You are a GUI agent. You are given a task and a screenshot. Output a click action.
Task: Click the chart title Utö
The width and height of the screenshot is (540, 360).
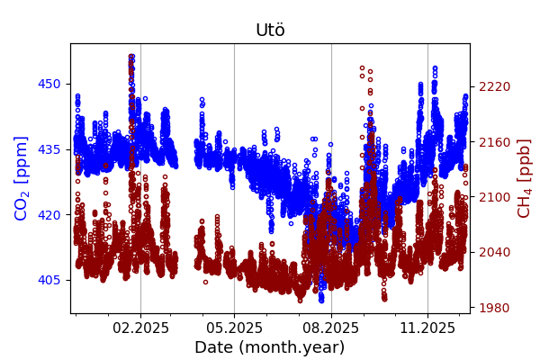click(x=270, y=31)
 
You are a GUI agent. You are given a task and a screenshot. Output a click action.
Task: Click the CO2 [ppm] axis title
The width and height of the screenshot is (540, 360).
click(x=22, y=178)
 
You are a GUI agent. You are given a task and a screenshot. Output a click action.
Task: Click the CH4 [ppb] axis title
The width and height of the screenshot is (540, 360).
click(x=525, y=178)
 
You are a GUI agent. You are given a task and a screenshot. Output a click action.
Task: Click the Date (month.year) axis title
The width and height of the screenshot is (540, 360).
click(x=270, y=347)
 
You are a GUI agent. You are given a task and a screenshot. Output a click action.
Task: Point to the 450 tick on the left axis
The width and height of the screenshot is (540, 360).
click(x=49, y=85)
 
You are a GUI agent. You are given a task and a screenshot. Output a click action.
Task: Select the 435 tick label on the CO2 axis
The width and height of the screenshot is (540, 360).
click(x=49, y=149)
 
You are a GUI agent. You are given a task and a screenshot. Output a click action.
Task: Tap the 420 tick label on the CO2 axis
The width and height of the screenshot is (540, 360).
click(x=49, y=215)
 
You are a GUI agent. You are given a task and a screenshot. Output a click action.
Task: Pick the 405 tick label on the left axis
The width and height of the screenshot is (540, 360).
click(x=49, y=280)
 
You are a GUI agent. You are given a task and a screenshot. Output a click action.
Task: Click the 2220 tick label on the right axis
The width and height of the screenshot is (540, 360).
click(x=494, y=86)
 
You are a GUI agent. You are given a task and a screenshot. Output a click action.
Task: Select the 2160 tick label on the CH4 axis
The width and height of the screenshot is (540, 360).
click(x=494, y=142)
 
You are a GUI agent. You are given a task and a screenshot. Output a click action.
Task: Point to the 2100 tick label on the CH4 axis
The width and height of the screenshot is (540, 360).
click(x=494, y=197)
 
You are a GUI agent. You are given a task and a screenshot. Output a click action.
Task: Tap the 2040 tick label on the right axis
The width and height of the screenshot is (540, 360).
click(x=494, y=252)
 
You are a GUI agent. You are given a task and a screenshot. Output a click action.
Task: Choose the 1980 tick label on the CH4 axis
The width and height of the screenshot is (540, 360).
click(x=494, y=308)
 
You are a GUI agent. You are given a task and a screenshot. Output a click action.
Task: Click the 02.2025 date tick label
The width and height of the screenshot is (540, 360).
click(x=140, y=328)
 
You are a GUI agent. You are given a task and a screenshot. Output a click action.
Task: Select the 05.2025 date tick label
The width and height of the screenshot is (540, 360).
click(x=234, y=328)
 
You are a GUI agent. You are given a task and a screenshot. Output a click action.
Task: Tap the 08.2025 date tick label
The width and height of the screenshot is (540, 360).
click(x=331, y=328)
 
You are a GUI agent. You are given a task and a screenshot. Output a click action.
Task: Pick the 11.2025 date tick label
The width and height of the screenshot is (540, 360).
click(x=427, y=328)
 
